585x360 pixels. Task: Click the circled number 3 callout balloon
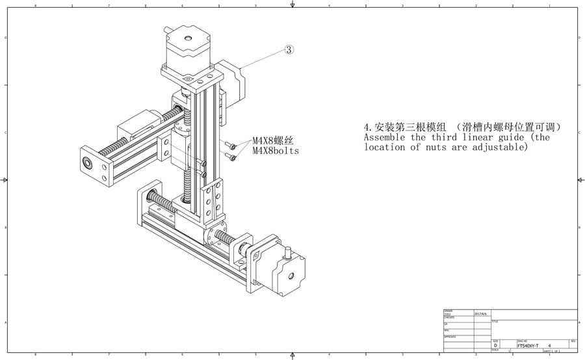[290, 49]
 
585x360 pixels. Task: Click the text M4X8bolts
[276, 152]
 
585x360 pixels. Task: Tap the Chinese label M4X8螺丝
[272, 140]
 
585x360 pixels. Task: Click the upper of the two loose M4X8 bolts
[228, 146]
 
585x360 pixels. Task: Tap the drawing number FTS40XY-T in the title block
[528, 346]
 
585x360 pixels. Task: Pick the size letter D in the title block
[496, 346]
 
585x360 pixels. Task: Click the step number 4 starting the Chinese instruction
[367, 127]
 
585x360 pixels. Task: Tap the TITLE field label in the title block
[495, 321]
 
